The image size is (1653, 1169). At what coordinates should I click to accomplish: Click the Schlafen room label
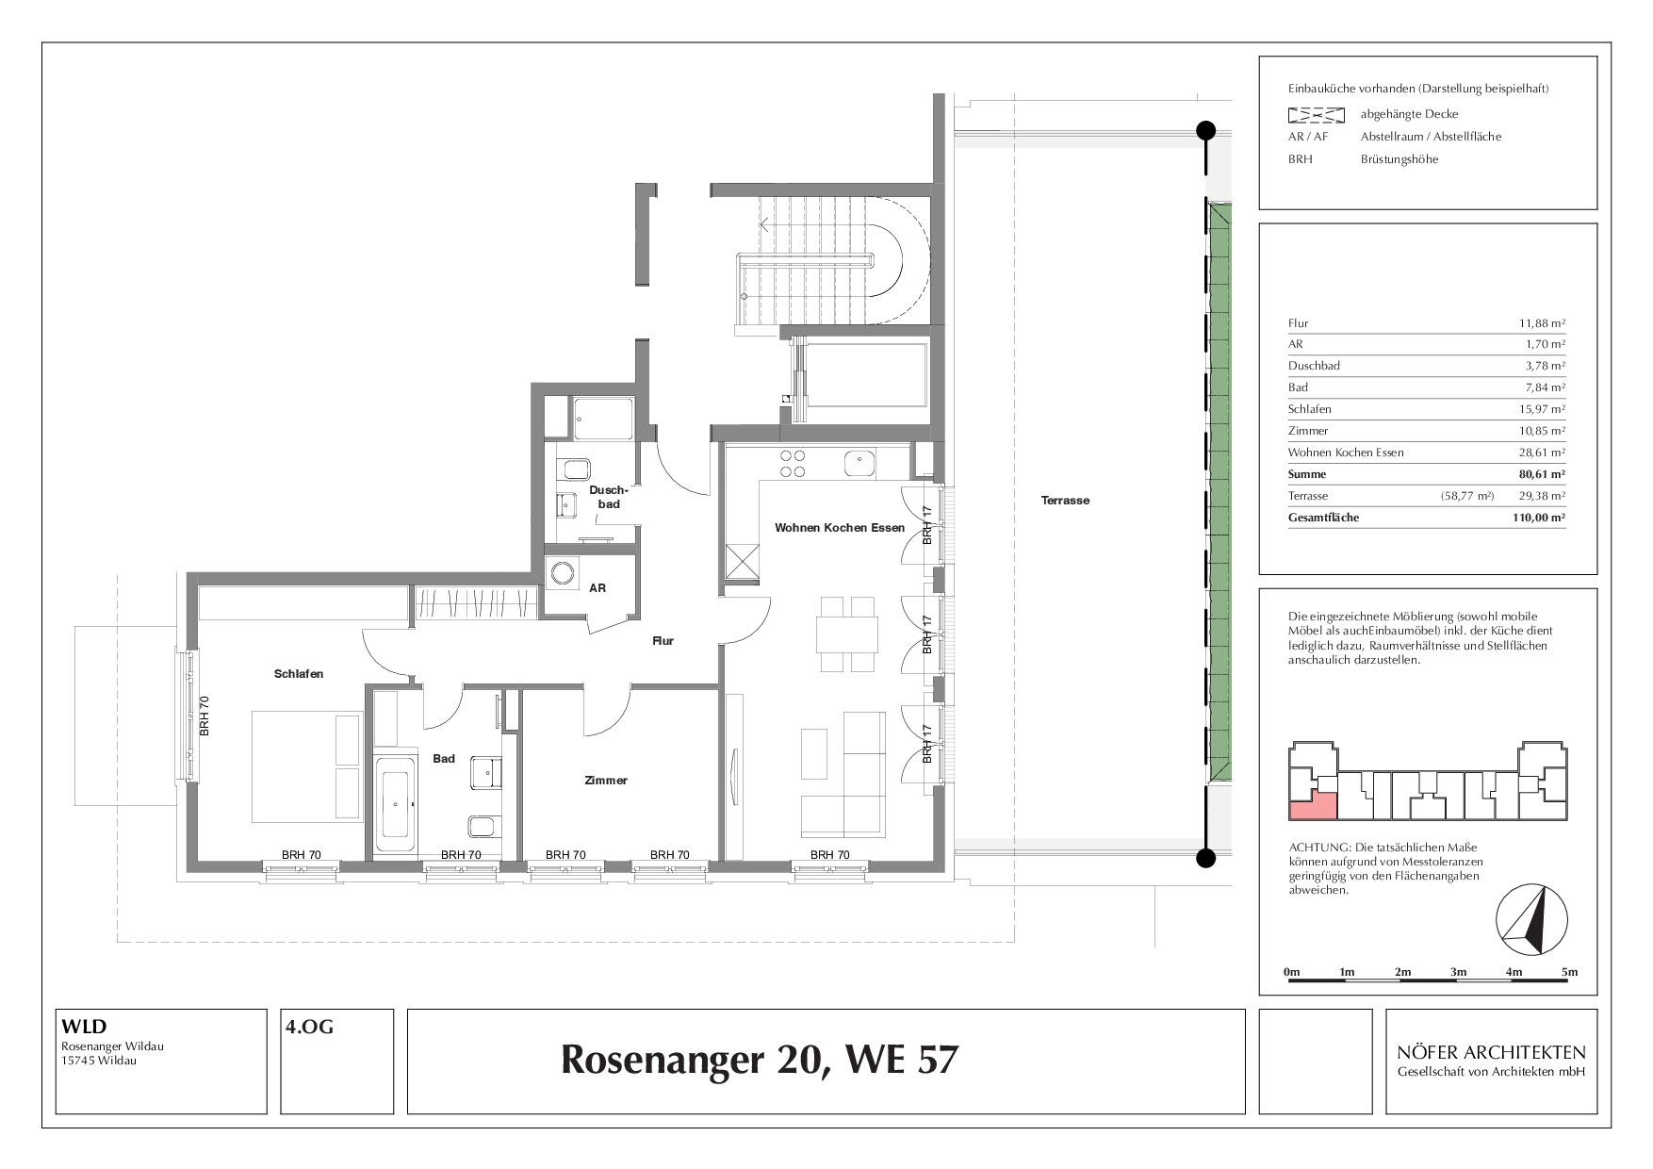coord(299,674)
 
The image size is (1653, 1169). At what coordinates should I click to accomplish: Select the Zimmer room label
coord(605,781)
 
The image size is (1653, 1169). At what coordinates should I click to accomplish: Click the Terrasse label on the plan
coord(1065,501)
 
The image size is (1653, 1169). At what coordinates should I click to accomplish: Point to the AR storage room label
coord(597,588)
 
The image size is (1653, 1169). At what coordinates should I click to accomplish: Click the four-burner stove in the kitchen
coord(792,463)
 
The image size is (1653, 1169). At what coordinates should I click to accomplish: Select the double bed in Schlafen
coord(306,766)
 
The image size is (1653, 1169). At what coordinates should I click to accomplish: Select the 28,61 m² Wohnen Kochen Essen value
coord(1543,453)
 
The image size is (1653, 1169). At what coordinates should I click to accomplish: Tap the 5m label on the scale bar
coord(1569,972)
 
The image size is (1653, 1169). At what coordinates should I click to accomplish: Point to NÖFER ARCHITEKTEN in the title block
coord(1492,1052)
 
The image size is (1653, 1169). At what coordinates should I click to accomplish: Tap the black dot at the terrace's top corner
coord(1205,131)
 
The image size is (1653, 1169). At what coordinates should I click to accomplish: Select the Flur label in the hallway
coord(663,641)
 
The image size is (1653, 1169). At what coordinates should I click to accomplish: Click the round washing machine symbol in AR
coord(564,573)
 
